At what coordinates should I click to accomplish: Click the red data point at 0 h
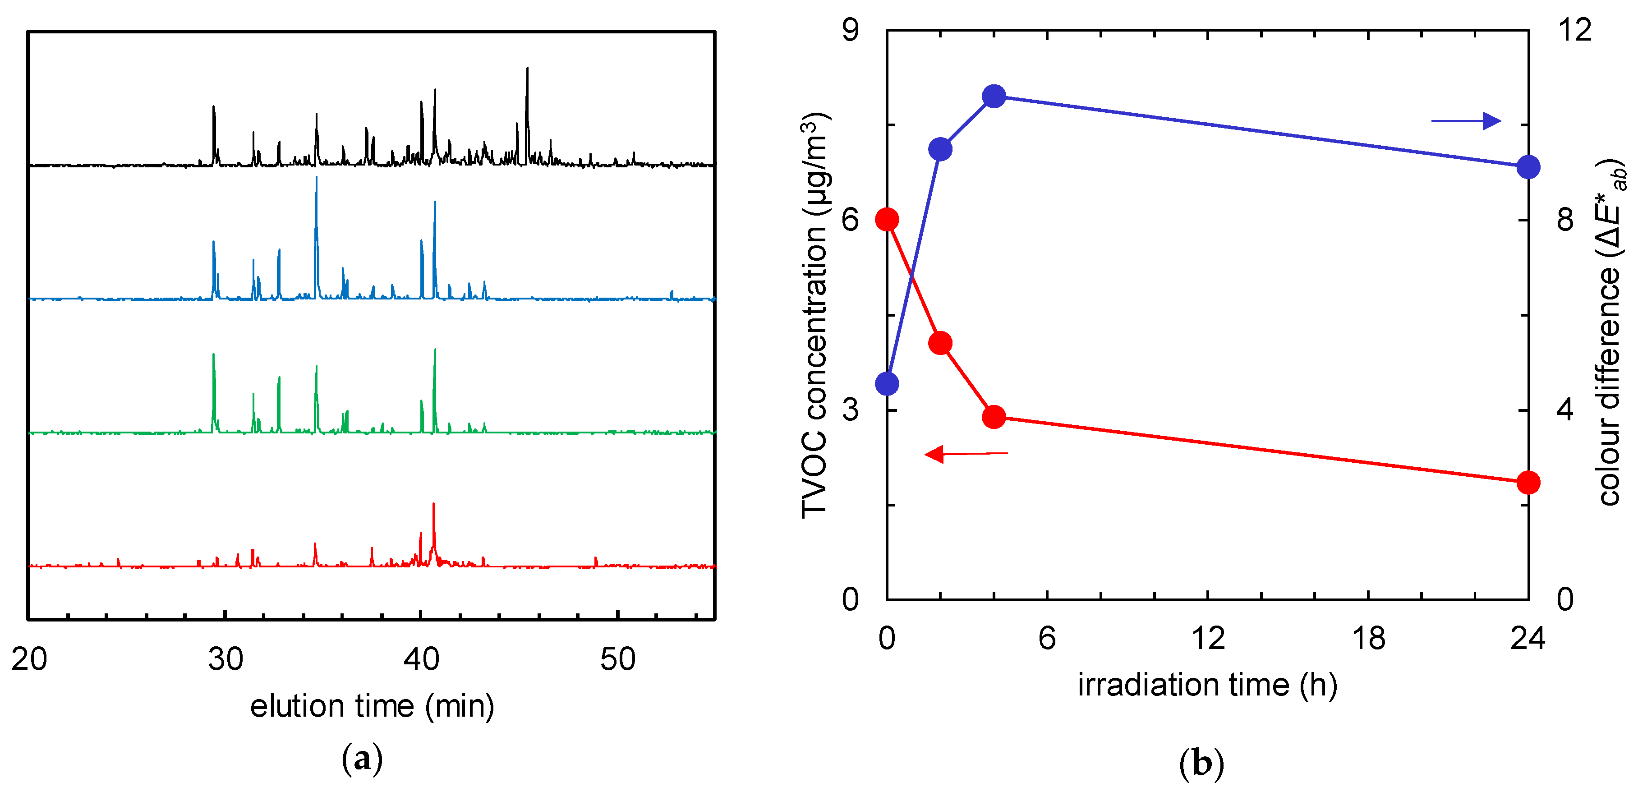(887, 220)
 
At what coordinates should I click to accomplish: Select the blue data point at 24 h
(1528, 168)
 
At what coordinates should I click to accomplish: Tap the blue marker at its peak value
(994, 97)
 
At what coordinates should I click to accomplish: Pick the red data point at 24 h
(1528, 483)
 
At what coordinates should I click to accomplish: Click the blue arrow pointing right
(1466, 121)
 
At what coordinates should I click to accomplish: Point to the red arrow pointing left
(965, 454)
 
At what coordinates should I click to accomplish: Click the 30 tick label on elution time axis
(225, 660)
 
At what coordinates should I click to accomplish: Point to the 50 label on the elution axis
(617, 660)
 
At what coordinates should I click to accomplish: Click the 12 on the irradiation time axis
(1207, 638)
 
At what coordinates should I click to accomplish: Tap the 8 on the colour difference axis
(1565, 220)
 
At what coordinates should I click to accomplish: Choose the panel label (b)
(1201, 763)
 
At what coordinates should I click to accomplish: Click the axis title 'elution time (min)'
(372, 706)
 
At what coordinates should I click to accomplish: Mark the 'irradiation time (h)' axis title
(1207, 685)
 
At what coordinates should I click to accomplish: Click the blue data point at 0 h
(887, 384)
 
